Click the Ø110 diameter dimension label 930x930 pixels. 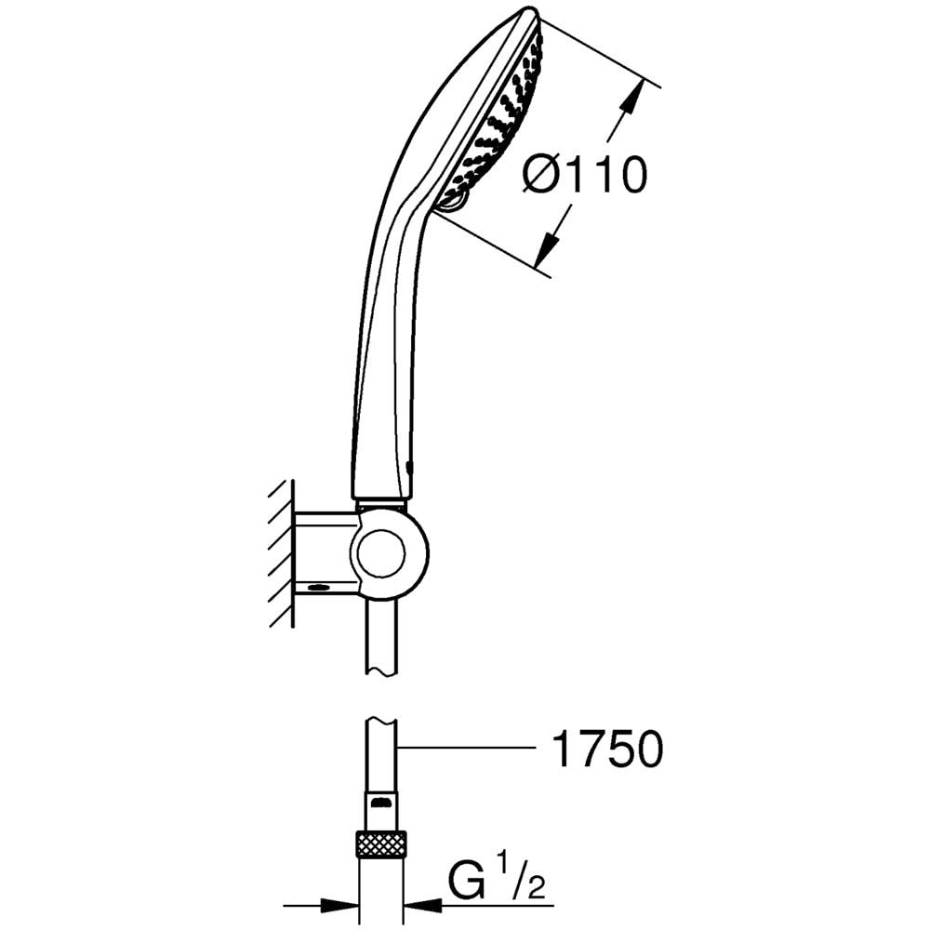coord(584,175)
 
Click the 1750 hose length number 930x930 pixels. coord(607,749)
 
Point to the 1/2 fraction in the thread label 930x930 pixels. coord(521,882)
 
